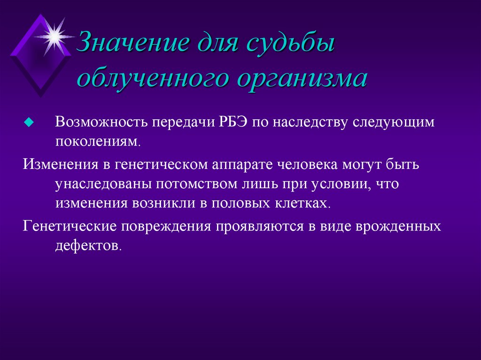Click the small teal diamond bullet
coord(29,123)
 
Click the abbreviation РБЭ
coord(233,122)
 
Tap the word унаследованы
coord(103,184)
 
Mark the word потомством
coord(196,184)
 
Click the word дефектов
coord(88,245)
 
